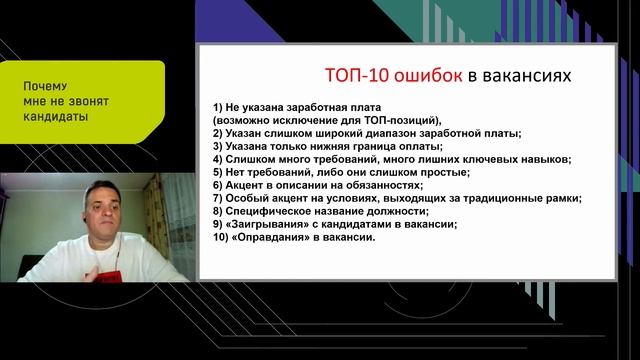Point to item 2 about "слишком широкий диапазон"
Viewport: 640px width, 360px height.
tap(367, 133)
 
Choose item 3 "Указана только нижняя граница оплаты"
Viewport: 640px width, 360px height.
tap(330, 146)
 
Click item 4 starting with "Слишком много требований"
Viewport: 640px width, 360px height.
tap(392, 159)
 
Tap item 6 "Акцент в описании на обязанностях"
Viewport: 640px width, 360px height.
tap(321, 185)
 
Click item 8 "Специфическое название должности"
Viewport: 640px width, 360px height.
tap(322, 211)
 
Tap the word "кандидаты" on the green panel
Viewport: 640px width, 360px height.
tap(54, 116)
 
